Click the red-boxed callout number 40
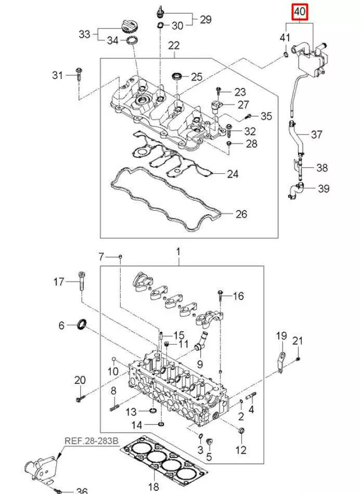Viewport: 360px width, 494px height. click(300, 11)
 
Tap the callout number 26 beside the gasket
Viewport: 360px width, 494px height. click(241, 214)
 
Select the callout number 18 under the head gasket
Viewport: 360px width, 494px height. click(154, 487)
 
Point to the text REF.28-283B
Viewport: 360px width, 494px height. click(92, 441)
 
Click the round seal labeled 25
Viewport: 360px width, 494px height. click(177, 77)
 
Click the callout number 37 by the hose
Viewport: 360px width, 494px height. click(316, 135)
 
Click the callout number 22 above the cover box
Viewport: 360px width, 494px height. click(173, 45)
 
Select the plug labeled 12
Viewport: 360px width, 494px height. click(241, 431)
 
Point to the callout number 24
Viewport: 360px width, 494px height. click(232, 173)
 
